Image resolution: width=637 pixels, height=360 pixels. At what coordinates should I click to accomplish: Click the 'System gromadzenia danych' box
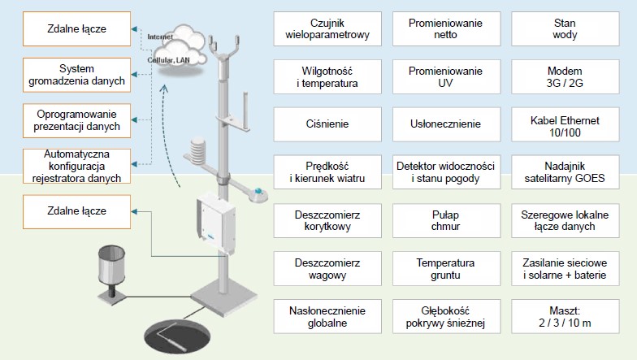click(x=76, y=75)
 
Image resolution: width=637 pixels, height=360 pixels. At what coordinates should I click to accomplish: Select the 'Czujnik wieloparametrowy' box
click(x=327, y=29)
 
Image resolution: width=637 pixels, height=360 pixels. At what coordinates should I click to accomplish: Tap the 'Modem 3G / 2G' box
click(x=565, y=76)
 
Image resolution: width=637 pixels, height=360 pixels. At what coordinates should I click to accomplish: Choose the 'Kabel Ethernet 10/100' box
click(x=565, y=124)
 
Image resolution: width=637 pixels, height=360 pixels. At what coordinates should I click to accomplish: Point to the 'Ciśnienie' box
click(x=327, y=124)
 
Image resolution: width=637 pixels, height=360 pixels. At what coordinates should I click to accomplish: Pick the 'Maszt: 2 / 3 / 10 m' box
click(x=565, y=317)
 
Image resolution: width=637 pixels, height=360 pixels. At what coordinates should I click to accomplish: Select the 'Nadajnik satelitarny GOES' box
click(x=565, y=172)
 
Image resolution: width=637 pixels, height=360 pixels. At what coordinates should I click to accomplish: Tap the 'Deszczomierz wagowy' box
click(x=327, y=268)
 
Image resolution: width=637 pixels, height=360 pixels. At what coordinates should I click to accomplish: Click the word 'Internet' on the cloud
click(x=160, y=37)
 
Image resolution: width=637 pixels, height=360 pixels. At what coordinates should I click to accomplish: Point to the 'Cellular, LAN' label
click(x=168, y=60)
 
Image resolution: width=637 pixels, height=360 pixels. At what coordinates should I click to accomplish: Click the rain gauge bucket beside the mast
click(x=111, y=265)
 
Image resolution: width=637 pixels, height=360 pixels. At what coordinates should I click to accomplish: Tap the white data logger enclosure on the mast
click(x=216, y=223)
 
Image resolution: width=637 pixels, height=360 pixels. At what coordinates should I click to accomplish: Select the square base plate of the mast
click(x=224, y=300)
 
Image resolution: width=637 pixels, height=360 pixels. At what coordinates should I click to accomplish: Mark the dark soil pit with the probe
click(x=177, y=336)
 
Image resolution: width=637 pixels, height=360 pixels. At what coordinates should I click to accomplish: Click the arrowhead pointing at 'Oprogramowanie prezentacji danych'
click(x=135, y=120)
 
